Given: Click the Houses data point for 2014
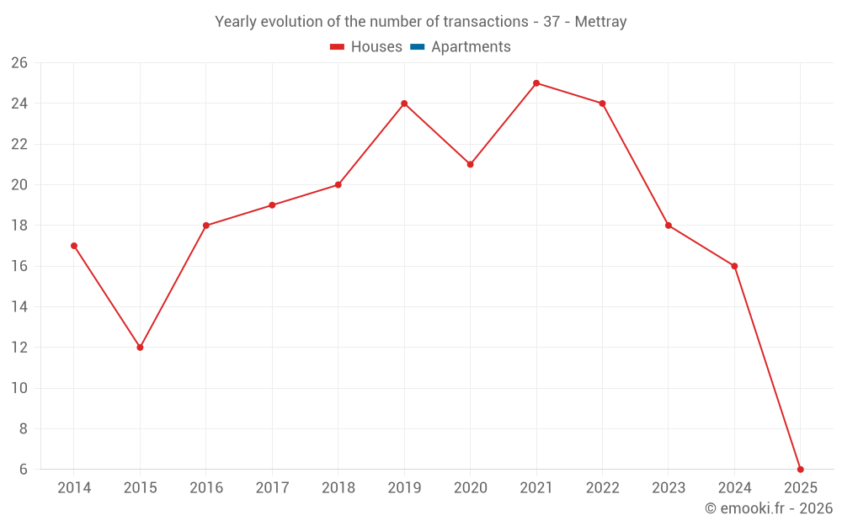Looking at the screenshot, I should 74,246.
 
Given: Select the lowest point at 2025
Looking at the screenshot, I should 800,469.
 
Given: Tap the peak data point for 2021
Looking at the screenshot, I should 536,83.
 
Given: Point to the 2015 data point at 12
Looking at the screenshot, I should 140,348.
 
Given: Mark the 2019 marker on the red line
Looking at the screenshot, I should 404,104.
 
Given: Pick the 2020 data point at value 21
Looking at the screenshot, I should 470,164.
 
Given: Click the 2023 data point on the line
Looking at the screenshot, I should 669,226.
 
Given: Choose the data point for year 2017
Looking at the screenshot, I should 272,205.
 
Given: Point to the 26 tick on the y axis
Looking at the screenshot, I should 19,63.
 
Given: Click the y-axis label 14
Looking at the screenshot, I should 19,307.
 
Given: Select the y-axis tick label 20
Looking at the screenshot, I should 19,185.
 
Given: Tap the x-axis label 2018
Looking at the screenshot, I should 338,488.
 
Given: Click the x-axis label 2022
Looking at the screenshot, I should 602,488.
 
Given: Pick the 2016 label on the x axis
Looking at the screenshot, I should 206,488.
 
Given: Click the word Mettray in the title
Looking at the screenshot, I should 600,22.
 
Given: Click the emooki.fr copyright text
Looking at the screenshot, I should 768,508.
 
